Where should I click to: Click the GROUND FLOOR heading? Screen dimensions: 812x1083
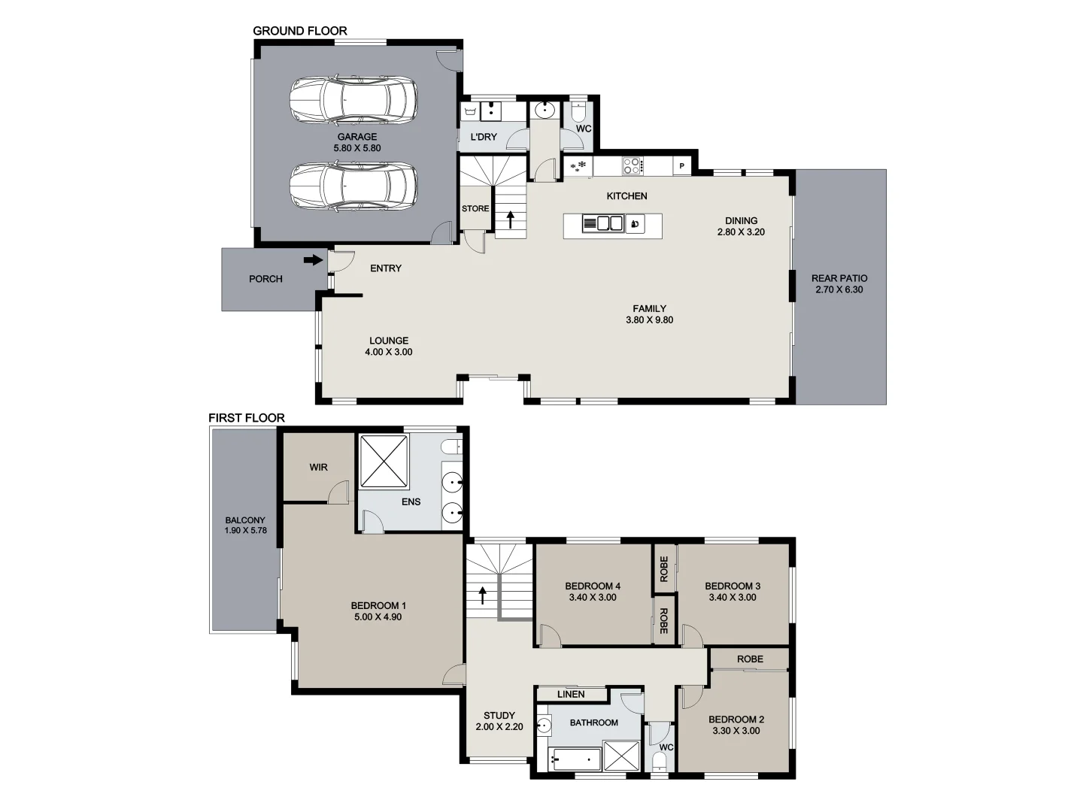click(299, 31)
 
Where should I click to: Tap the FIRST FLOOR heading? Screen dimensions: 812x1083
click(247, 418)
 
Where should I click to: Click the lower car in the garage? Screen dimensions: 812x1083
click(353, 185)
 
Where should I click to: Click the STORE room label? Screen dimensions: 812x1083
click(475, 209)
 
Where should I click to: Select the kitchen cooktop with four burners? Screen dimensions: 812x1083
click(631, 165)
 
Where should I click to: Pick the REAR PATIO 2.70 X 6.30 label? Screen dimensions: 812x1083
click(839, 283)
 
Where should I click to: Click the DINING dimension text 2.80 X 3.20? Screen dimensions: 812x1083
click(741, 232)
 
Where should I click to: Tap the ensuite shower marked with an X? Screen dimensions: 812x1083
click(384, 461)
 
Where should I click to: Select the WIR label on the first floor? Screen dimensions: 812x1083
click(318, 467)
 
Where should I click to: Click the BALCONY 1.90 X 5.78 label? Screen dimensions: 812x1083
click(245, 525)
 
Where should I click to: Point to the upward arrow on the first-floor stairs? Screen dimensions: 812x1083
click(482, 595)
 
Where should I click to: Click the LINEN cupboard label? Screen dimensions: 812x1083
click(571, 694)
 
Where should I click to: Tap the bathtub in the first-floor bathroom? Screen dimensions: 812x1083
click(575, 759)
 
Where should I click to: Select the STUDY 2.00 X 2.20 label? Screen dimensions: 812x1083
click(499, 721)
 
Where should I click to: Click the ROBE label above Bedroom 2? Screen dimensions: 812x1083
click(750, 659)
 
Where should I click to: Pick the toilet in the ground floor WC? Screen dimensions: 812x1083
click(578, 112)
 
